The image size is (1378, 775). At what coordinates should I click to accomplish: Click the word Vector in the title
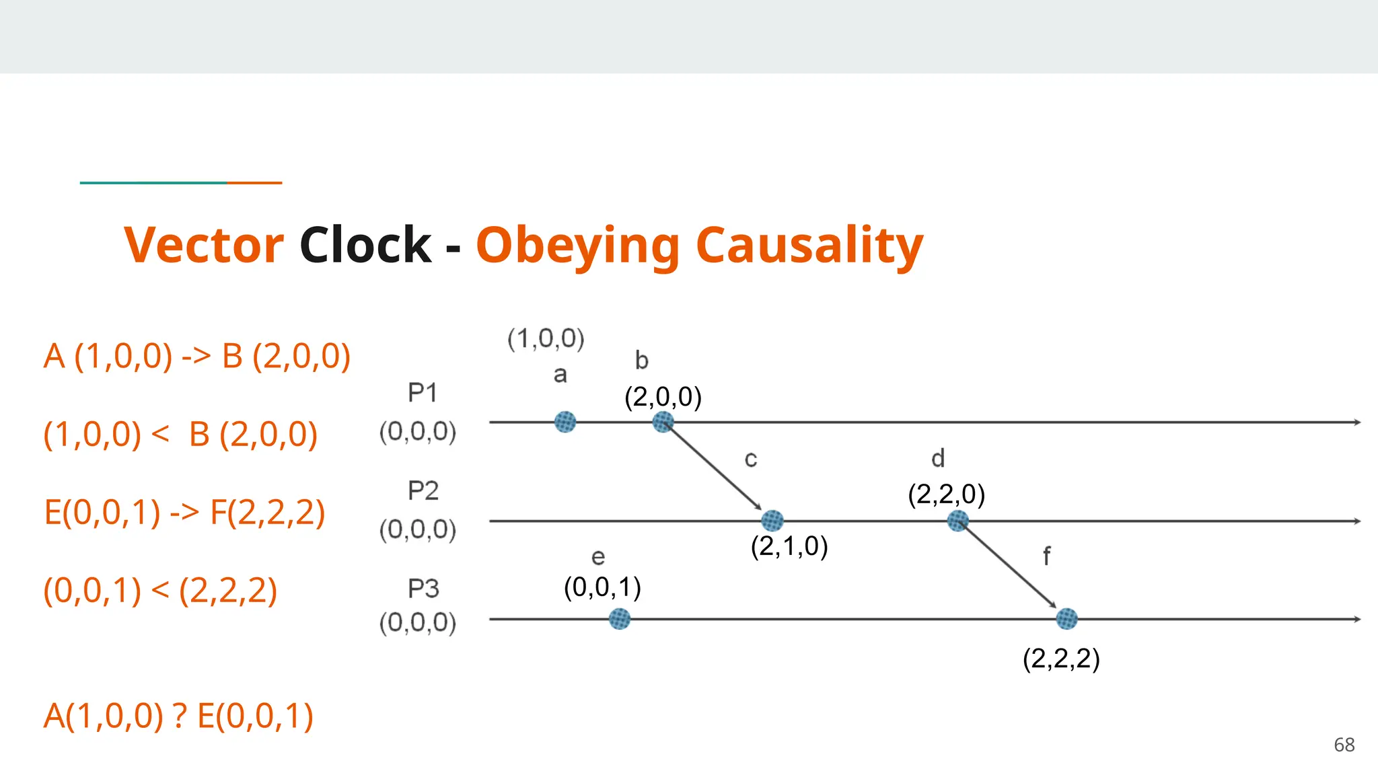204,245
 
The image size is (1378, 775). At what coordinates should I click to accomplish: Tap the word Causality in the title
809,246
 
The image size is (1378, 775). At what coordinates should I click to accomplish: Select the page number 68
1344,745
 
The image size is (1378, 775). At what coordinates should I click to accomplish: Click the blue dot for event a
565,422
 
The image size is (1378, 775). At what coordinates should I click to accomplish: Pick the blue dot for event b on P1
663,422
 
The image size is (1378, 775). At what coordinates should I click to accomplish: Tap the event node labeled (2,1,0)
772,521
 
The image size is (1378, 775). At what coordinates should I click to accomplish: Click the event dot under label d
957,521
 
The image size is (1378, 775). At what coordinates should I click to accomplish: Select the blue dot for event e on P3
620,619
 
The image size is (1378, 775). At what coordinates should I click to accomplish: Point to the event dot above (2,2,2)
1066,619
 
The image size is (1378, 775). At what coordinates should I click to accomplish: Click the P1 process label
423,393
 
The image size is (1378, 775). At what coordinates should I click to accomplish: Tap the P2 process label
423,491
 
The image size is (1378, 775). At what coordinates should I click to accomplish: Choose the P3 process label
423,589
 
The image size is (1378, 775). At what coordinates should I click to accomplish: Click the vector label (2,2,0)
946,494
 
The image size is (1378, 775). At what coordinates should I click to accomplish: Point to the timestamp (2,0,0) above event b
663,397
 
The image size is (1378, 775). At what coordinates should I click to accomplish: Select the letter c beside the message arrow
751,459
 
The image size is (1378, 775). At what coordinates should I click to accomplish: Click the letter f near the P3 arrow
1046,557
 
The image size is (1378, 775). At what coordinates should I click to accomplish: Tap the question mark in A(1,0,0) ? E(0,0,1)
180,716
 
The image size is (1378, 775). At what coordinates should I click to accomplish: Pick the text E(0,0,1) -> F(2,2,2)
184,513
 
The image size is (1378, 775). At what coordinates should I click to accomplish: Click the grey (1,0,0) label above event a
546,338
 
